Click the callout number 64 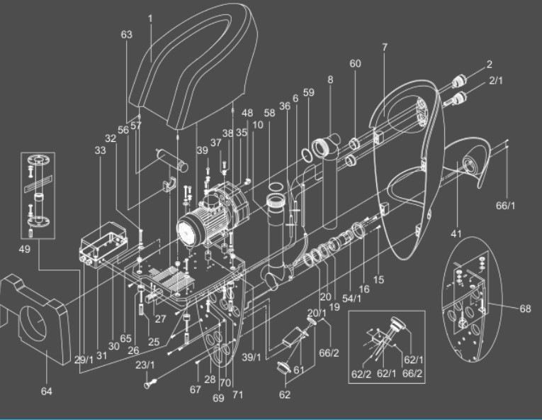(47, 391)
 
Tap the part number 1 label (150, 16)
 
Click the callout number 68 (524, 309)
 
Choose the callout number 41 (456, 232)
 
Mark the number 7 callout (385, 48)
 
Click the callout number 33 (99, 150)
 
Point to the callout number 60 (355, 63)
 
